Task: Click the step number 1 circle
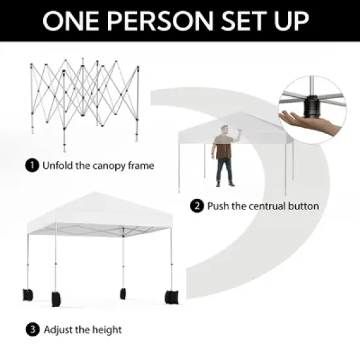coord(31,165)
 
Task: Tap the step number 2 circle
coord(196,206)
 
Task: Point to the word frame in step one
coord(139,165)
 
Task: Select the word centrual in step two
coord(260,206)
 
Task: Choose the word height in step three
coord(105,329)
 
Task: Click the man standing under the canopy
coord(224,158)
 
